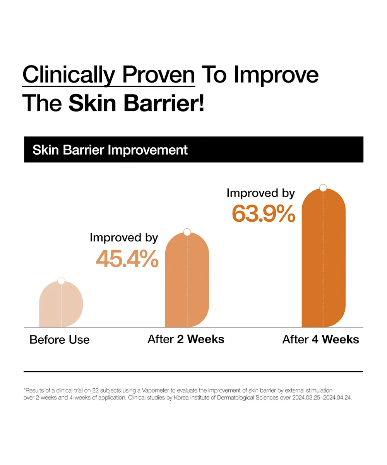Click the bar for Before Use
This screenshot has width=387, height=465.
coord(61,304)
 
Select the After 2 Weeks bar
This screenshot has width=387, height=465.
coord(187,280)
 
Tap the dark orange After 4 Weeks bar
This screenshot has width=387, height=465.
coord(324,258)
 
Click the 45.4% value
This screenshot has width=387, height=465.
coord(127,259)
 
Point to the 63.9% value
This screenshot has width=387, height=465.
coord(264,214)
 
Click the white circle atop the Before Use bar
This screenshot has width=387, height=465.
coord(61,281)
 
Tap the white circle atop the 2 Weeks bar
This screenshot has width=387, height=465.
coord(187,232)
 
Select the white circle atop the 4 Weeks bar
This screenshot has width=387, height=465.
coord(323,188)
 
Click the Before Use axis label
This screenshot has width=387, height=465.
coord(60,340)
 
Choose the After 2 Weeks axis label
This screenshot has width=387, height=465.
coord(186,339)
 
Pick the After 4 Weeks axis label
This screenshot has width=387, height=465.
coord(321,339)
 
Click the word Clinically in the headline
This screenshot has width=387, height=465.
coord(69,75)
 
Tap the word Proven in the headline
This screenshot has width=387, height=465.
coord(159,75)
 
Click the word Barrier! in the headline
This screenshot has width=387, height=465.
coord(164,103)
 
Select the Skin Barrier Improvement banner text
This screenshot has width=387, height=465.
coord(110,150)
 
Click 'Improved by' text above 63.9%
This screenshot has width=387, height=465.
coord(261,193)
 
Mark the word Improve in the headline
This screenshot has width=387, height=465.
coord(276,75)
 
